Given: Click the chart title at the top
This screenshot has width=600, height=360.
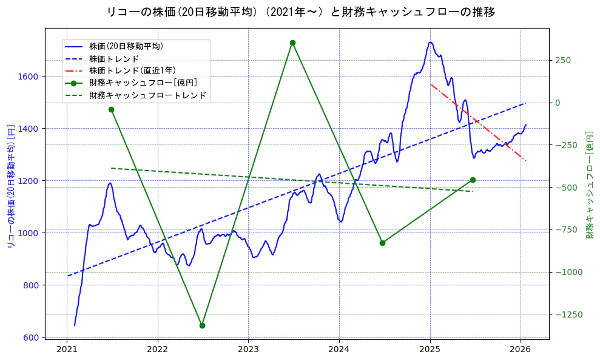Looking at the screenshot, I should (x=300, y=12).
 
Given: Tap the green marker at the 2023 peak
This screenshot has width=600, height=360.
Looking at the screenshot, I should (x=292, y=43).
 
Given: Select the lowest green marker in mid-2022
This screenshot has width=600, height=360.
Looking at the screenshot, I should (x=202, y=325).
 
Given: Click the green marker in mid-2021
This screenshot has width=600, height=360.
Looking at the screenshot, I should (x=111, y=110).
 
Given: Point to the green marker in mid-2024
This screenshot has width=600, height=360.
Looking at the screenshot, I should (x=382, y=243).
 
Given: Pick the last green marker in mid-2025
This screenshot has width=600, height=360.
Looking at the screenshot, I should (x=473, y=180).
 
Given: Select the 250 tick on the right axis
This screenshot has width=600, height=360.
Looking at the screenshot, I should (x=562, y=60).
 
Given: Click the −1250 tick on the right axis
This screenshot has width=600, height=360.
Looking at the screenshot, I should (x=567, y=314).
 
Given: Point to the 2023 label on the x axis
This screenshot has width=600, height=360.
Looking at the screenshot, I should (x=248, y=350).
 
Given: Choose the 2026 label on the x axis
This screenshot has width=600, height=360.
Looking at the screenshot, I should (x=521, y=350).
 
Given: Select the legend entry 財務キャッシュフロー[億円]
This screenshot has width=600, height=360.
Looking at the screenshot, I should (x=143, y=83).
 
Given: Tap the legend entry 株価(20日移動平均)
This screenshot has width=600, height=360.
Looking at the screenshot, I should (x=126, y=46).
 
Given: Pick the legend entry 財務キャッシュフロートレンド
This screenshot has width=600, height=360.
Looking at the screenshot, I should (x=147, y=95).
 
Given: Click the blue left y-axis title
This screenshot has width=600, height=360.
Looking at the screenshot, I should (x=10, y=183).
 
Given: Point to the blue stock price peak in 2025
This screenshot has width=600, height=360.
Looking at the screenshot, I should (x=430, y=42).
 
